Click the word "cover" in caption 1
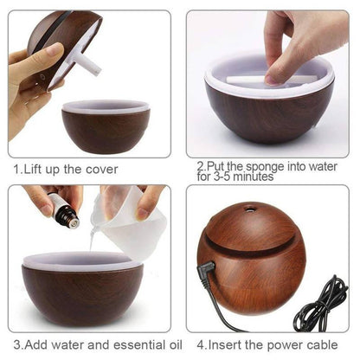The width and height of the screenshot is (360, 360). click(x=98, y=169)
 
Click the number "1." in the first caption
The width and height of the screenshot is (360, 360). click(x=16, y=169)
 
